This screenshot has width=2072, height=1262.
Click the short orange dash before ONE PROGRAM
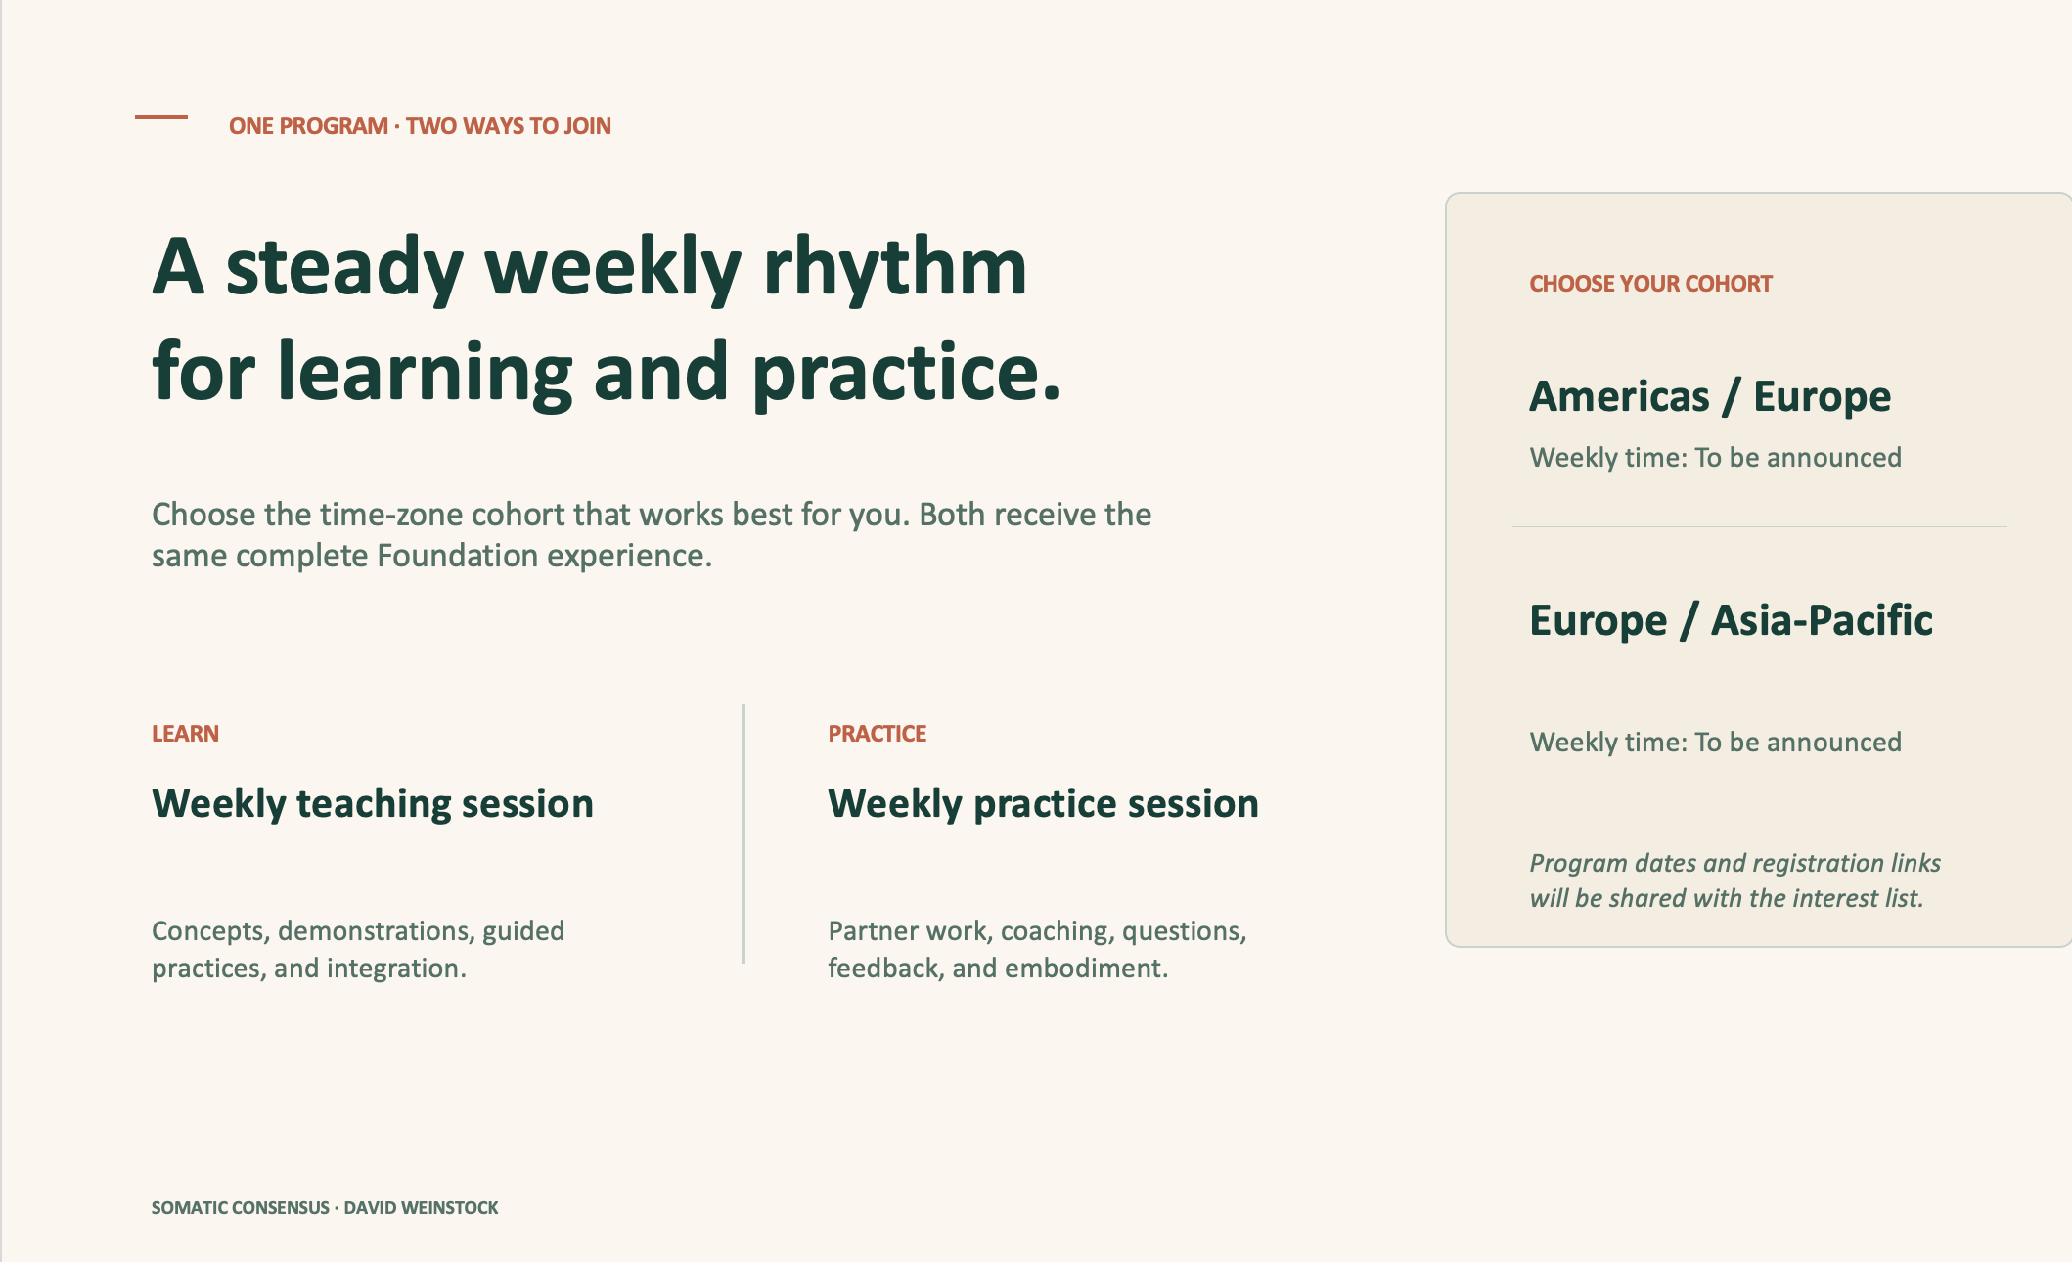161,117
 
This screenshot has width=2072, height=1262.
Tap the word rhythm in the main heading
895,266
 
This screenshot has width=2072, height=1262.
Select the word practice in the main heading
906,373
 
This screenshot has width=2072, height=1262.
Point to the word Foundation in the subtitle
457,556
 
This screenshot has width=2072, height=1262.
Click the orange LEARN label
185,734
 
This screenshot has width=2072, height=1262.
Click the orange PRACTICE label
878,734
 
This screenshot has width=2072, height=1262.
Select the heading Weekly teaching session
373,804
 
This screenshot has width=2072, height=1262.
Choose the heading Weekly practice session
1044,804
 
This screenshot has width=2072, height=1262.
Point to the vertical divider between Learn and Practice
743,834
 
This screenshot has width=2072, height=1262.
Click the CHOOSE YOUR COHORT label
1651,284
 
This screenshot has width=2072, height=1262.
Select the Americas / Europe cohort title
1710,397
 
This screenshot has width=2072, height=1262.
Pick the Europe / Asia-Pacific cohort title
1732,621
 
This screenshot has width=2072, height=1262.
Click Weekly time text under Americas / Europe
1716,458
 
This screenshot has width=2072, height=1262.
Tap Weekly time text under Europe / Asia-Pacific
1716,743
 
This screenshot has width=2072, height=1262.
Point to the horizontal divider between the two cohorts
1760,527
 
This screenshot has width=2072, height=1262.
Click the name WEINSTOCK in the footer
449,1208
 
